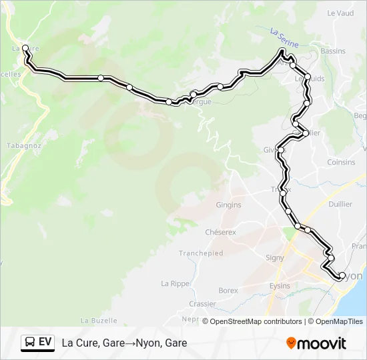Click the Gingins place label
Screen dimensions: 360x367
[x=228, y=205]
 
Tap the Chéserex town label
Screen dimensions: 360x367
[x=221, y=233]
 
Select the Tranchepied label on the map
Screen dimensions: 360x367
[x=200, y=253]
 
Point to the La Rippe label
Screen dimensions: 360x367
[x=175, y=283]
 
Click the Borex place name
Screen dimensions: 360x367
[x=228, y=291]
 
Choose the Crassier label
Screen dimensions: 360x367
[x=202, y=303]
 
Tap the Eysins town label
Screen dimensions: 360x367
[x=280, y=286]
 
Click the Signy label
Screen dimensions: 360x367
[x=275, y=257]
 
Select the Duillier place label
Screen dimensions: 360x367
[x=340, y=205]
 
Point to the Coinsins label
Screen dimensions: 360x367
[x=341, y=162]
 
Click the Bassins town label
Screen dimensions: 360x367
[x=333, y=51]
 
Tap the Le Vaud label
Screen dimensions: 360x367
[x=340, y=13]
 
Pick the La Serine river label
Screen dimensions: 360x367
[x=284, y=37]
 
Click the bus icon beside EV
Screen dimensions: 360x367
[x=30, y=343]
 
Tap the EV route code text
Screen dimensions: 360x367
[x=45, y=342]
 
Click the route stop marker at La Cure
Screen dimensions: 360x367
[x=25, y=48]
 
